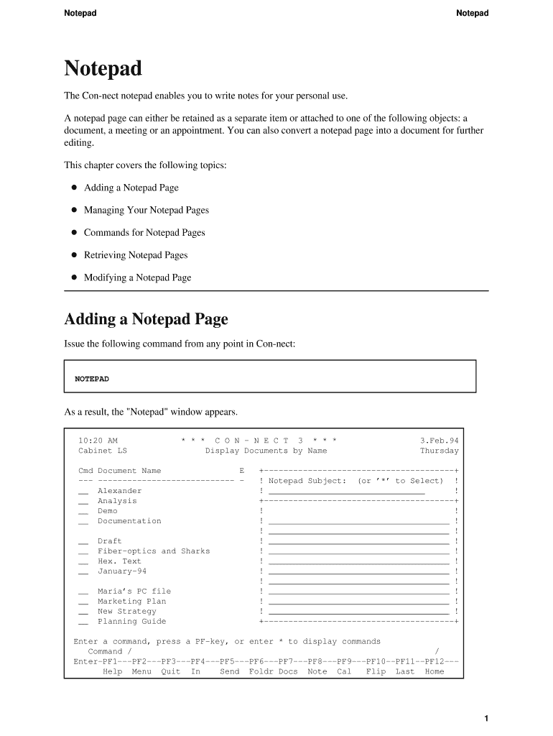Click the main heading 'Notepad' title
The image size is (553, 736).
coord(103,69)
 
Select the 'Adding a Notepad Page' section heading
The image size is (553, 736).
coord(146,318)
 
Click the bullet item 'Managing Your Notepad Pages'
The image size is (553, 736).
coord(146,210)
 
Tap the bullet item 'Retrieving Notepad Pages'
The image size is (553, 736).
coord(135,255)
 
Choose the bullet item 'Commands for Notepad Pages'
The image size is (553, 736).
coord(144,233)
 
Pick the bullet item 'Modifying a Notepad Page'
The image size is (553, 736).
coord(137,277)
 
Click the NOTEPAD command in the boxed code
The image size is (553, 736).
coord(92,379)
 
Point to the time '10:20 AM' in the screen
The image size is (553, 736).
coord(98,441)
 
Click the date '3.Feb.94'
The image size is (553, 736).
coord(439,441)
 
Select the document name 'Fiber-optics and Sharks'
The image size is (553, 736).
coord(154,551)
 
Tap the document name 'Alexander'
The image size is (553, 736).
coord(119,491)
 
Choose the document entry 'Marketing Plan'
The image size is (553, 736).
coord(131,602)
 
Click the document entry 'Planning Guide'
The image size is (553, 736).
coord(131,622)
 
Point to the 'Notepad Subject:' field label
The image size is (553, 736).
coord(307,481)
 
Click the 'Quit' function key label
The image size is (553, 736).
coord(170,672)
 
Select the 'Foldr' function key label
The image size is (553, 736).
coord(261,672)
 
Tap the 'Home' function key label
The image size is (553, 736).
coord(434,672)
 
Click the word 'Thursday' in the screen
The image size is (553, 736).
coord(439,451)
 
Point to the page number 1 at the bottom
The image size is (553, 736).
coord(486,718)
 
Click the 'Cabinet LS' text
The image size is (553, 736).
coord(102,451)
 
